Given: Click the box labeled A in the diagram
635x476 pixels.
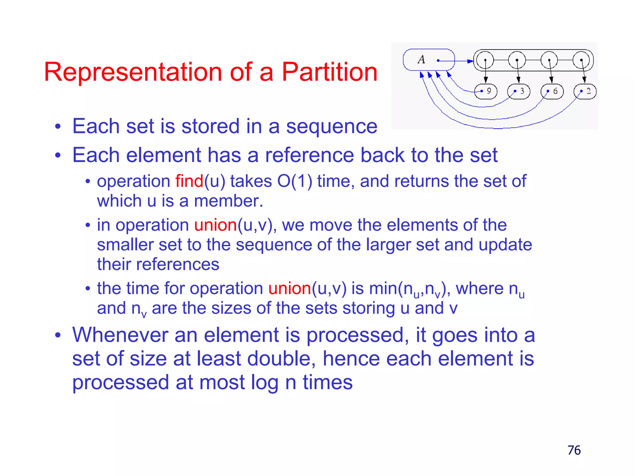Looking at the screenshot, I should click(429, 60).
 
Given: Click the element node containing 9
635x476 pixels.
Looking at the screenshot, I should click(486, 91).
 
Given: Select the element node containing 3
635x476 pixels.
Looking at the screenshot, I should click(519, 91).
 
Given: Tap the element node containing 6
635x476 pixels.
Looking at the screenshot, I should click(552, 91).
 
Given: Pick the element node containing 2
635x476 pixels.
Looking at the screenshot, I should click(585, 91).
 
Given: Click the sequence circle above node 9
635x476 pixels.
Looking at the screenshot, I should click(485, 60).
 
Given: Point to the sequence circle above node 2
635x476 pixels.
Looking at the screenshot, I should click(581, 60).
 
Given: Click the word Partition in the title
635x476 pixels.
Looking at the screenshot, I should click(329, 72).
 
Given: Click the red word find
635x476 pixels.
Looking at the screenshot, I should click(189, 181).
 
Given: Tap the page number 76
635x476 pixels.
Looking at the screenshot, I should click(574, 450).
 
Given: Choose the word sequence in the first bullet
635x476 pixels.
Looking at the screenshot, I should click(331, 126).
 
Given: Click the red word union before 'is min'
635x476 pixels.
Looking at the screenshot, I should click(290, 289).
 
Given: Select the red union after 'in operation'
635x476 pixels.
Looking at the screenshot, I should click(215, 225).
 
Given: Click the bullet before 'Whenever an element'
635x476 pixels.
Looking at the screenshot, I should click(58, 335).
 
